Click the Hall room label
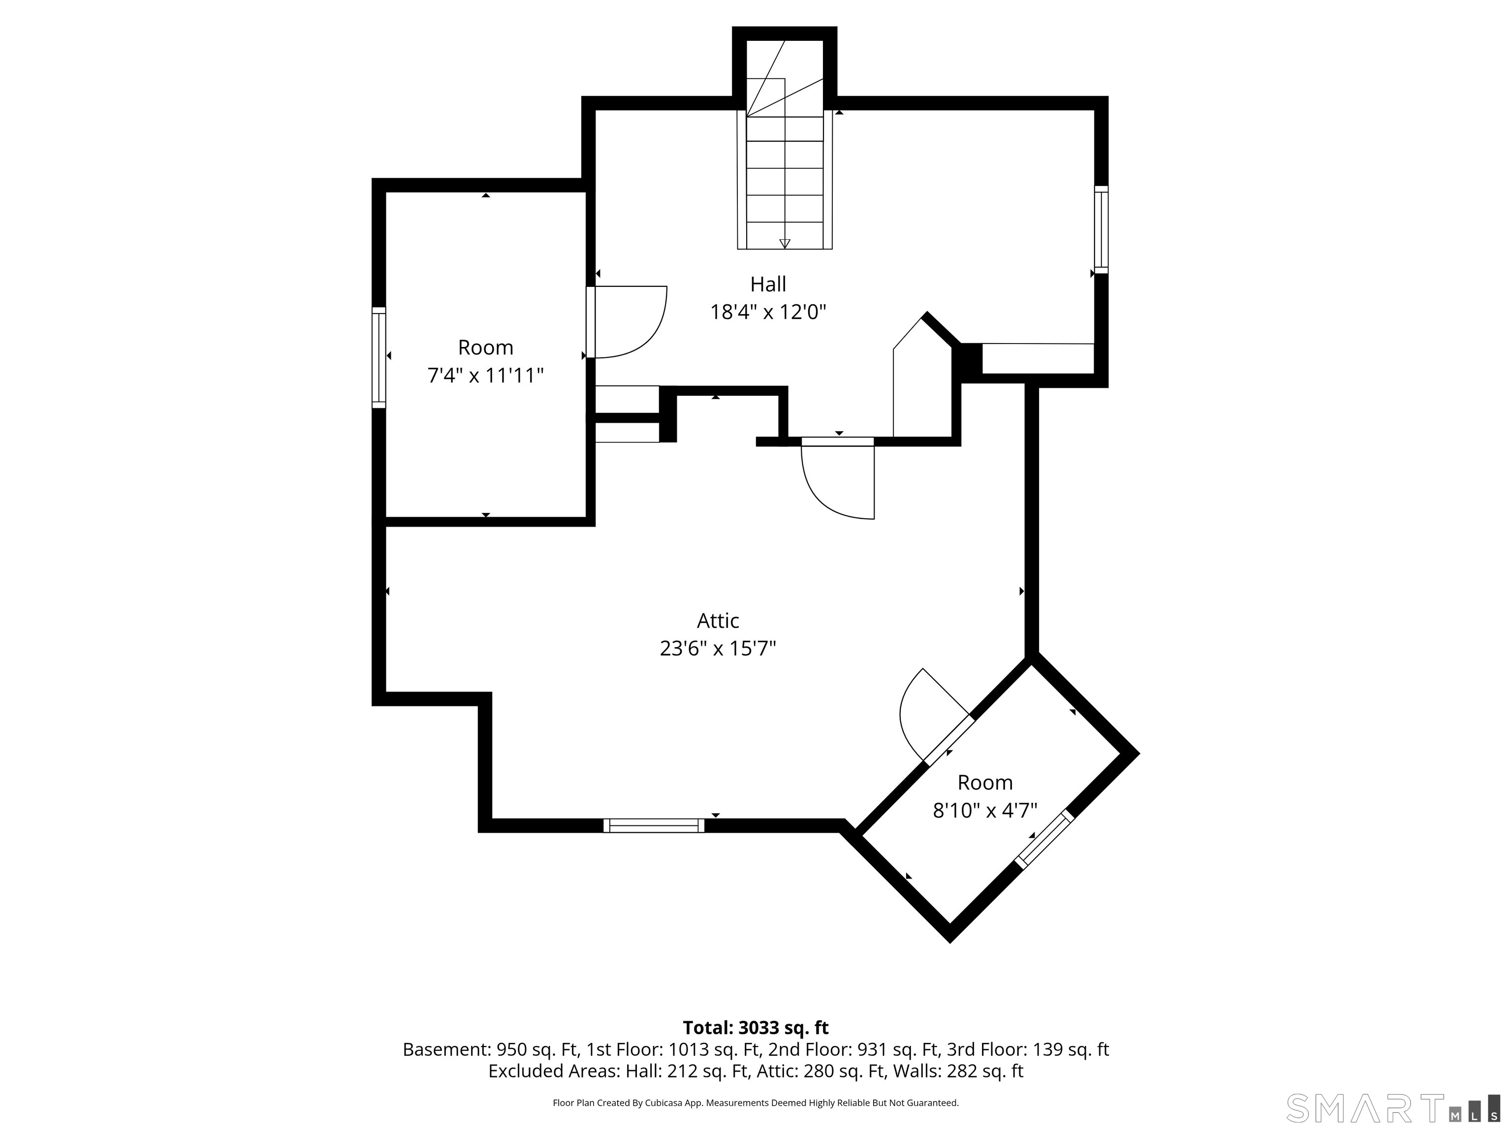(x=768, y=283)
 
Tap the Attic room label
(x=718, y=620)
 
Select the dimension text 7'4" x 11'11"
(x=485, y=375)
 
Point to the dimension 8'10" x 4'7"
(x=985, y=810)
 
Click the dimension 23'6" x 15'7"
(x=718, y=648)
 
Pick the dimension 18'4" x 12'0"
(x=768, y=312)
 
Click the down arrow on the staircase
(x=785, y=243)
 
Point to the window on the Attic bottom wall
(x=654, y=825)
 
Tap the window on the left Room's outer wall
(x=378, y=357)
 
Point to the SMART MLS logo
(x=1392, y=1107)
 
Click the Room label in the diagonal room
(x=985, y=782)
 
